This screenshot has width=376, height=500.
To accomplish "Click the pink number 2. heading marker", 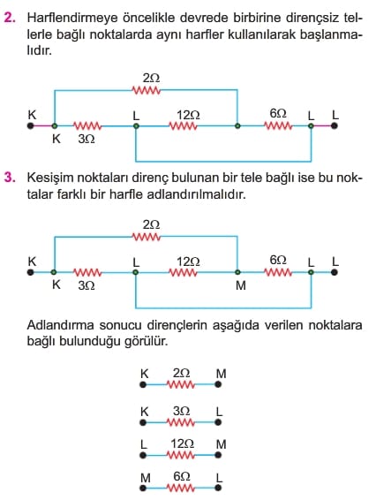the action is (x=10, y=18).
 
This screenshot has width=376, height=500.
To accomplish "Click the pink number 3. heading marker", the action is (x=10, y=178).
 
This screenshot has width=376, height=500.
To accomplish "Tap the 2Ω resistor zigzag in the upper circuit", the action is (x=147, y=90).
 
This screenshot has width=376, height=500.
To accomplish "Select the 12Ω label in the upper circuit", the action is (x=188, y=115).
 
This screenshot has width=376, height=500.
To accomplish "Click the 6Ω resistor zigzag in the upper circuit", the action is (x=278, y=126).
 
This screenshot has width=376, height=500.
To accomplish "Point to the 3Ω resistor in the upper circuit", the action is (x=87, y=126).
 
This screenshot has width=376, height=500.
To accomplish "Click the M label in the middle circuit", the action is (x=241, y=285).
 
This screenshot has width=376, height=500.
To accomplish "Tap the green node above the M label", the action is (x=237, y=272).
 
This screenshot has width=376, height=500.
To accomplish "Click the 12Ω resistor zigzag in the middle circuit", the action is (x=183, y=273).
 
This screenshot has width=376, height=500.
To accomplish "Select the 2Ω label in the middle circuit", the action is (x=151, y=224).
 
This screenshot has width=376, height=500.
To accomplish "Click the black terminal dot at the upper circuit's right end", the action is (x=334, y=126).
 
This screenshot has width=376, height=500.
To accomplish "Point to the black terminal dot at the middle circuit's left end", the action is (x=31, y=273).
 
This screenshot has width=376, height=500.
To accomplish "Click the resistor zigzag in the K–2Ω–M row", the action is (x=180, y=384).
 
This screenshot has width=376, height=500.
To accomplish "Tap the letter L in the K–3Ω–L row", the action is (x=219, y=412).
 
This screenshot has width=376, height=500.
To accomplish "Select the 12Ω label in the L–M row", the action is (x=183, y=443).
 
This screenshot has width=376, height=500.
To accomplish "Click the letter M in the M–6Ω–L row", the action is (x=146, y=478).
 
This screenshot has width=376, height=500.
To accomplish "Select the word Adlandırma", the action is (x=61, y=325).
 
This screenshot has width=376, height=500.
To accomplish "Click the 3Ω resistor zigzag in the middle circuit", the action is (x=87, y=273).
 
